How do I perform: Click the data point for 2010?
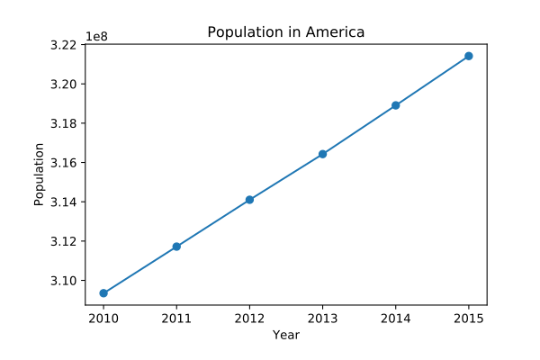click(x=103, y=293)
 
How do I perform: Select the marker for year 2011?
click(x=176, y=247)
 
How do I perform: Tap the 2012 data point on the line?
click(x=249, y=200)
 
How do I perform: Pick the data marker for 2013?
click(x=322, y=154)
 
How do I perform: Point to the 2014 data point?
click(x=395, y=105)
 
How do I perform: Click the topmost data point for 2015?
click(x=469, y=56)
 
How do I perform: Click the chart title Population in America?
click(x=285, y=32)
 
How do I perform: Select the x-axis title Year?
click(x=286, y=335)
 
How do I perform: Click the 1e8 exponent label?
click(x=97, y=37)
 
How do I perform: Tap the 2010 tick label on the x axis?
click(x=103, y=318)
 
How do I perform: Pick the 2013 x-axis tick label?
click(x=322, y=318)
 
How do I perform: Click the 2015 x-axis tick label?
click(x=469, y=318)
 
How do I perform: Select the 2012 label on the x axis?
click(x=249, y=318)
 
